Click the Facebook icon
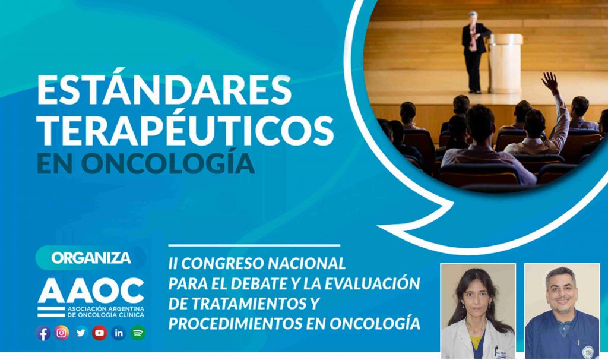point(43,333)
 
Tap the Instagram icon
point(62,333)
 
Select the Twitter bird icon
point(81,333)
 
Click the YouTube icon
point(99,333)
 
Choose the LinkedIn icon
point(119,333)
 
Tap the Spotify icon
point(138,333)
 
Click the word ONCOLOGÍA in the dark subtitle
point(168,164)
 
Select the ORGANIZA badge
point(91,258)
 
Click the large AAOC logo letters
point(91,290)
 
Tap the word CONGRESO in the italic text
point(222,263)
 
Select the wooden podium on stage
point(505,63)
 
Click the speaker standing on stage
point(473,52)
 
